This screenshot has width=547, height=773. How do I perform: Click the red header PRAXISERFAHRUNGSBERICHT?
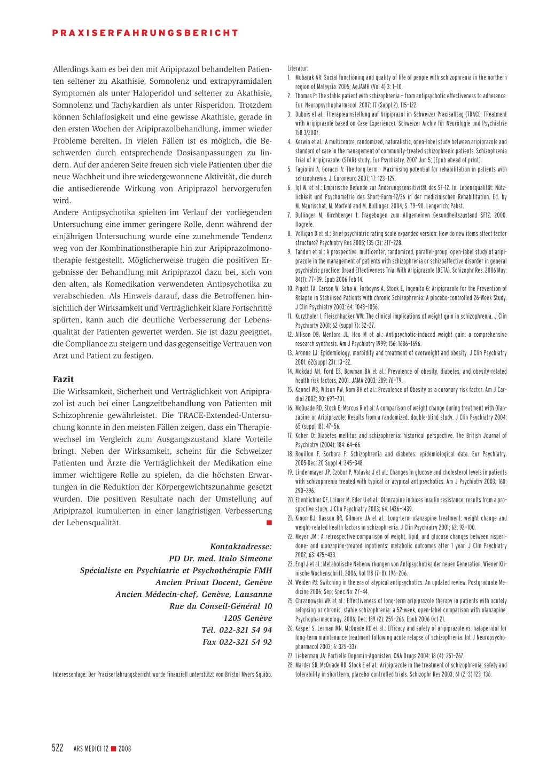coord(145,33)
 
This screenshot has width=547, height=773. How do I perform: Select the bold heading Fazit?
coord(63,379)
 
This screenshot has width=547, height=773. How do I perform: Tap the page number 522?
coord(58,748)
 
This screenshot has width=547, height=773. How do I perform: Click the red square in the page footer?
coord(113,748)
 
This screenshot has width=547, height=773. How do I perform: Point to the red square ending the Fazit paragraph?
coord(269,523)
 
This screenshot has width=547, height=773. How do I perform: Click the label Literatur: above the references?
coord(298,68)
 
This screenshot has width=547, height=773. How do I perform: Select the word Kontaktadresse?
coord(241,547)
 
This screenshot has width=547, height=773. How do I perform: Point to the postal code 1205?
coord(233,618)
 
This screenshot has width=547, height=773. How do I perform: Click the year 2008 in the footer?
coord(124,749)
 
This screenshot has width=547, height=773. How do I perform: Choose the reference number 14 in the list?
coord(290,372)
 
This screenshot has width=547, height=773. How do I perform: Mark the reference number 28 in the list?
coord(291,665)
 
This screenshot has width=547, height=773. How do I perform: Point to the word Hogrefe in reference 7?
coord(304,225)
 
